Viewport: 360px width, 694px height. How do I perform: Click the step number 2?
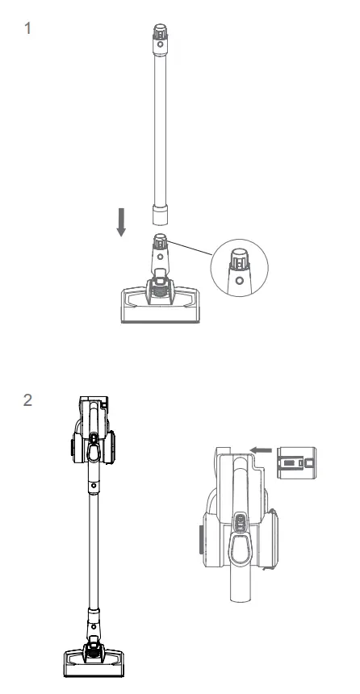coord(30,399)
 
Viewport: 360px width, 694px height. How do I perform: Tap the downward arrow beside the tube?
coord(121,220)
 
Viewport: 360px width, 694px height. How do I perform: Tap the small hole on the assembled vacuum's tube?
coord(94,486)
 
